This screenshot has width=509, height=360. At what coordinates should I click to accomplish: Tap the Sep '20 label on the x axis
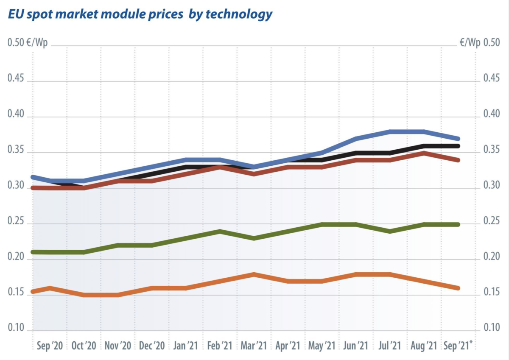[50, 346]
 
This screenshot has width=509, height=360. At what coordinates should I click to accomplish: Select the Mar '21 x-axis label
[254, 346]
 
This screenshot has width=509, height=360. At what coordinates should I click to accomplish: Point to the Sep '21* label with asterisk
[458, 346]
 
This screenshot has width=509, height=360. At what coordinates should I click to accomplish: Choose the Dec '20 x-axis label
[152, 346]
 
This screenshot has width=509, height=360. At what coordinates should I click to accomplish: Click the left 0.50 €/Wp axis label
[28, 44]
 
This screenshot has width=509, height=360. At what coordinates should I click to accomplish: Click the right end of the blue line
[458, 139]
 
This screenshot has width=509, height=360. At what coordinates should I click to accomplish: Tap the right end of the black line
[458, 146]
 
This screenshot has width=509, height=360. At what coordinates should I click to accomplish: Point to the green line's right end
[458, 224]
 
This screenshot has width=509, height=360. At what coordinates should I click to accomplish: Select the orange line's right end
[458, 288]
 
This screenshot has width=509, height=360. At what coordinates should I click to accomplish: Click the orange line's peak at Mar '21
[254, 274]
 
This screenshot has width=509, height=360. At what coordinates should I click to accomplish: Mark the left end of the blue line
[33, 177]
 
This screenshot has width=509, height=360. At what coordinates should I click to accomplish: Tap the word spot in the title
[46, 14]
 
